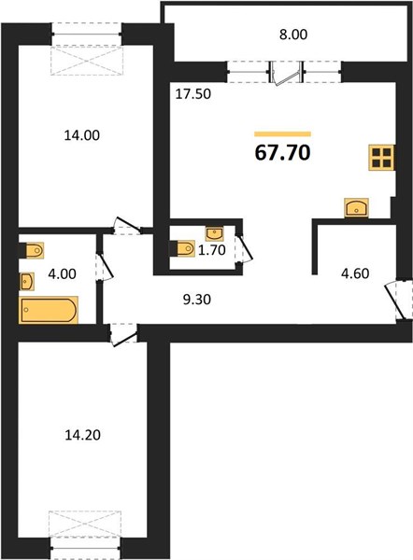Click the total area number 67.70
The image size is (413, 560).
coord(282,153)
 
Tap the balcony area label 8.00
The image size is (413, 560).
coord(293,35)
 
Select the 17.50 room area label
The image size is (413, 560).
coord(193,94)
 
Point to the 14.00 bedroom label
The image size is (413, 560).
coord(82,135)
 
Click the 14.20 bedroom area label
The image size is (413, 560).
coord(82,435)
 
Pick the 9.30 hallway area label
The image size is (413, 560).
coord(197,300)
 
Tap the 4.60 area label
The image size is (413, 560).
coord(355,273)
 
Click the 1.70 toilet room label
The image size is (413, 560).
coord(212,250)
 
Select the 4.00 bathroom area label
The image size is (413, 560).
coord(62,273)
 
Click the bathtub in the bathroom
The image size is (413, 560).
coord(49,310)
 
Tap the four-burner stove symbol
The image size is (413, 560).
coord(381,158)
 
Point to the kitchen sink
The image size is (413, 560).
coord(357,207)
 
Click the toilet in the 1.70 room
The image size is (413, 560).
coord(182,248)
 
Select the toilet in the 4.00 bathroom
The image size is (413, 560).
coord(31,250)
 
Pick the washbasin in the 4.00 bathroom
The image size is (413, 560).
coord(27,282)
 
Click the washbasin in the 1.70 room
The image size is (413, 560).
coord(215,233)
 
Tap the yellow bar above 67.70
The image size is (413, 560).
coord(282,133)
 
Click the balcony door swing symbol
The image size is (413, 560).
coord(286,74)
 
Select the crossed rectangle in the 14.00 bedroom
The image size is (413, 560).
coord(87,60)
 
